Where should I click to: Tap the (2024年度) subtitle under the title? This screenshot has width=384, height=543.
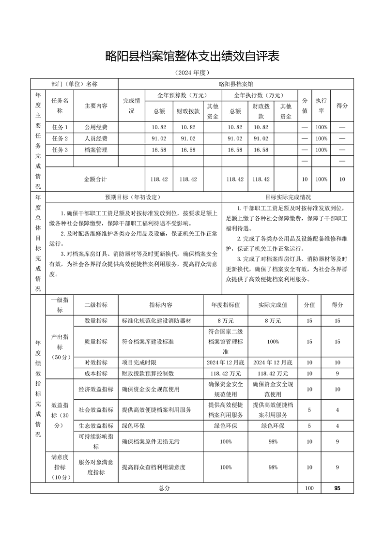pyautogui.click(x=192, y=73)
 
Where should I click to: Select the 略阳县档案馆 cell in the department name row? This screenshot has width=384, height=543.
pyautogui.click(x=236, y=84)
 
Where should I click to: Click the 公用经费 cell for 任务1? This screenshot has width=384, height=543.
pyautogui.click(x=96, y=127)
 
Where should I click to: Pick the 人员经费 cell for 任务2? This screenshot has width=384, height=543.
pyautogui.click(x=96, y=138)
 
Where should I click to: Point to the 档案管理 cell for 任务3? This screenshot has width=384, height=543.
pyautogui.click(x=96, y=150)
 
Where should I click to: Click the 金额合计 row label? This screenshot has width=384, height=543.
pyautogui.click(x=96, y=179)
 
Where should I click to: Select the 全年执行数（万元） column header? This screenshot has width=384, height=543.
pyautogui.click(x=259, y=95)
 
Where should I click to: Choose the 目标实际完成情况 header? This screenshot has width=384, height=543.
pyautogui.click(x=288, y=197)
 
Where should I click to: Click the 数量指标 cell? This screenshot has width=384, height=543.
pyautogui.click(x=96, y=321)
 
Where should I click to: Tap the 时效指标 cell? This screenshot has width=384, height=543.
pyautogui.click(x=96, y=362)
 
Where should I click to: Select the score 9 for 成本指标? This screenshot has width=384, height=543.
pyautogui.click(x=337, y=373)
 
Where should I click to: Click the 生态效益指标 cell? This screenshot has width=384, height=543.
pyautogui.click(x=96, y=426)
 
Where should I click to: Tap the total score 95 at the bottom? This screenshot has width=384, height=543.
pyautogui.click(x=337, y=488)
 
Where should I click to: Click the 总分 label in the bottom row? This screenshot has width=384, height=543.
pyautogui.click(x=164, y=488)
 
